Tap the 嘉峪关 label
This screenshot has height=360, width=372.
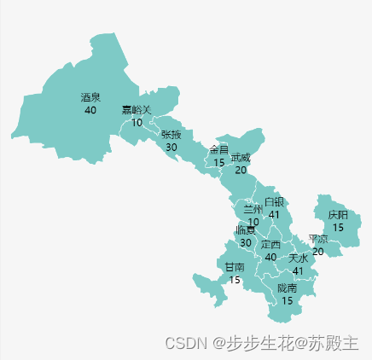click(x=137, y=110)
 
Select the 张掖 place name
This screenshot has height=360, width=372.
click(x=171, y=135)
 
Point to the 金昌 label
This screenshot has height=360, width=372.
click(x=219, y=150)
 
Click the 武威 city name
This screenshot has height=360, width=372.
click(x=241, y=158)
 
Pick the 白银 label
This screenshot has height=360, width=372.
click(x=274, y=202)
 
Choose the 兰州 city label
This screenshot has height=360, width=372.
click(x=253, y=210)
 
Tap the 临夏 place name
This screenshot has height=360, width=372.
click(x=246, y=230)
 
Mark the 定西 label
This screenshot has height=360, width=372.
click(x=270, y=245)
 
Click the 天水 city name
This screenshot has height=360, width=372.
click(x=298, y=258)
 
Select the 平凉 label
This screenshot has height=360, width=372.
click(x=317, y=239)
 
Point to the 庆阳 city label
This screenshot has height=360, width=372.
click(x=338, y=216)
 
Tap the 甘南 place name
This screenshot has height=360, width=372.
click(x=235, y=267)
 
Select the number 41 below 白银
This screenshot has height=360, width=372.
click(x=274, y=214)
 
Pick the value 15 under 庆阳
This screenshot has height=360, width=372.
click(x=338, y=228)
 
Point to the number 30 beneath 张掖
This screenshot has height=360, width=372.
click(x=171, y=147)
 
